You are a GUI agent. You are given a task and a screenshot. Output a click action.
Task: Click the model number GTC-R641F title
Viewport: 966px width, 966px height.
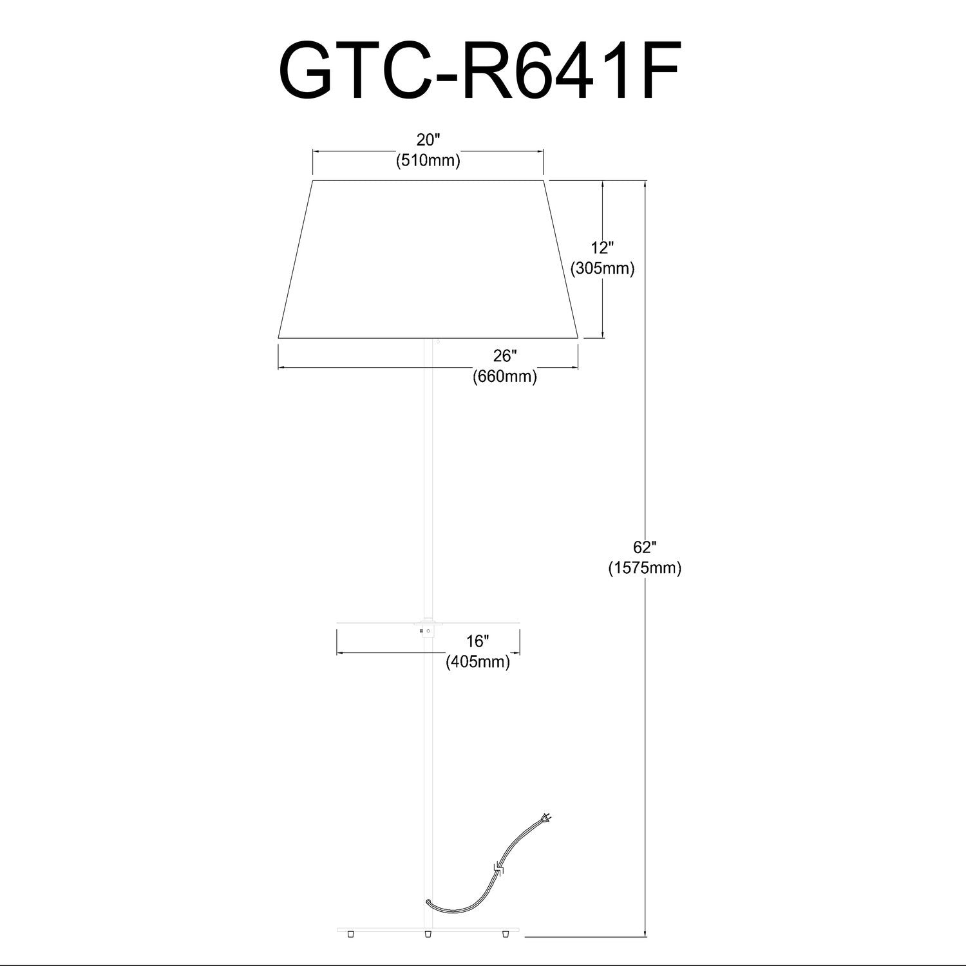479,71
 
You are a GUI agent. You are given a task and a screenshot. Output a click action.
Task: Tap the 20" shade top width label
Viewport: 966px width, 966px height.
428,140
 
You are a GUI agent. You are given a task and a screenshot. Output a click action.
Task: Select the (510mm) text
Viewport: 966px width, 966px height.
428,161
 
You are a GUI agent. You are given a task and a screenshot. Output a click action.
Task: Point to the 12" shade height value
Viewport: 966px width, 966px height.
603,247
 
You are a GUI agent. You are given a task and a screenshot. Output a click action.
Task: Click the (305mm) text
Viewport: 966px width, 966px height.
603,269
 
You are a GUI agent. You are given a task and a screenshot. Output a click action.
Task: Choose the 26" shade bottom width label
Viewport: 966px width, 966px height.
505,355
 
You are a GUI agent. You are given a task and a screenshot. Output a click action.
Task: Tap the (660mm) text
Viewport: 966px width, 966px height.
505,376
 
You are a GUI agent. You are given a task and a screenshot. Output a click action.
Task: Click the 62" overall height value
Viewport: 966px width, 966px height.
645,547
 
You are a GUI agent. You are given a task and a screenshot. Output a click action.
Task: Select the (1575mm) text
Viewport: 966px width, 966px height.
645,568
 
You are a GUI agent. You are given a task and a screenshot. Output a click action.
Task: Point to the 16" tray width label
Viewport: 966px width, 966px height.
478,641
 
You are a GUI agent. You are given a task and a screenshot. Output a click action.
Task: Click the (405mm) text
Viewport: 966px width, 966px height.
478,661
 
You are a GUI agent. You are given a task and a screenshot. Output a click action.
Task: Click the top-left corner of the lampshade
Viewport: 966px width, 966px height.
313,181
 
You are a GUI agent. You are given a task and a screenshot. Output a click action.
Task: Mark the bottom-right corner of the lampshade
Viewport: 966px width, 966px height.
578,337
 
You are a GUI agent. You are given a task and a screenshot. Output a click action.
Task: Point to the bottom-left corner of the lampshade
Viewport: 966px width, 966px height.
278,337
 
